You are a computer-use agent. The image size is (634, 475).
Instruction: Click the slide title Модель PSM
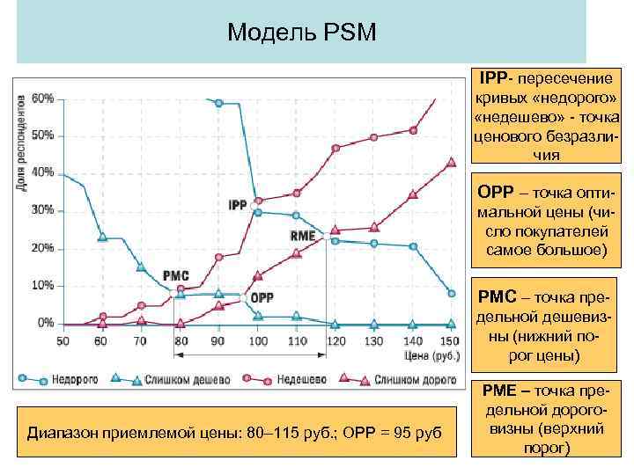coord(301,33)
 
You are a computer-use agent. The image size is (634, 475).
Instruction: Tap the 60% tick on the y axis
coord(42,99)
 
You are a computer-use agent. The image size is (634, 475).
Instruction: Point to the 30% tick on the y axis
coord(42,210)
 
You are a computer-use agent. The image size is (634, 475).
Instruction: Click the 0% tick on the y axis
coord(45,323)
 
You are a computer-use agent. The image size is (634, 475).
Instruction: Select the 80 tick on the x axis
coord(180,340)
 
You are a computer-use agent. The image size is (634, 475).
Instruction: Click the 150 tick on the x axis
coord(450,340)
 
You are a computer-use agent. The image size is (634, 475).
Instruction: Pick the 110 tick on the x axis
coord(296,340)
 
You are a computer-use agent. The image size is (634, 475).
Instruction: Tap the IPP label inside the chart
coord(237,205)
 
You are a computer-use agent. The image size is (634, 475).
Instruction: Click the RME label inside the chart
coord(302,236)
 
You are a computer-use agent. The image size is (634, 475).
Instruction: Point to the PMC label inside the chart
coord(175,275)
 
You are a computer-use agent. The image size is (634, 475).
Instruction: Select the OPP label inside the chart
coord(262,298)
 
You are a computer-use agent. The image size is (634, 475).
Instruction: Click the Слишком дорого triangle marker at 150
coord(452,162)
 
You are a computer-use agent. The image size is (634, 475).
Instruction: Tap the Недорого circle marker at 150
coord(452,293)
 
